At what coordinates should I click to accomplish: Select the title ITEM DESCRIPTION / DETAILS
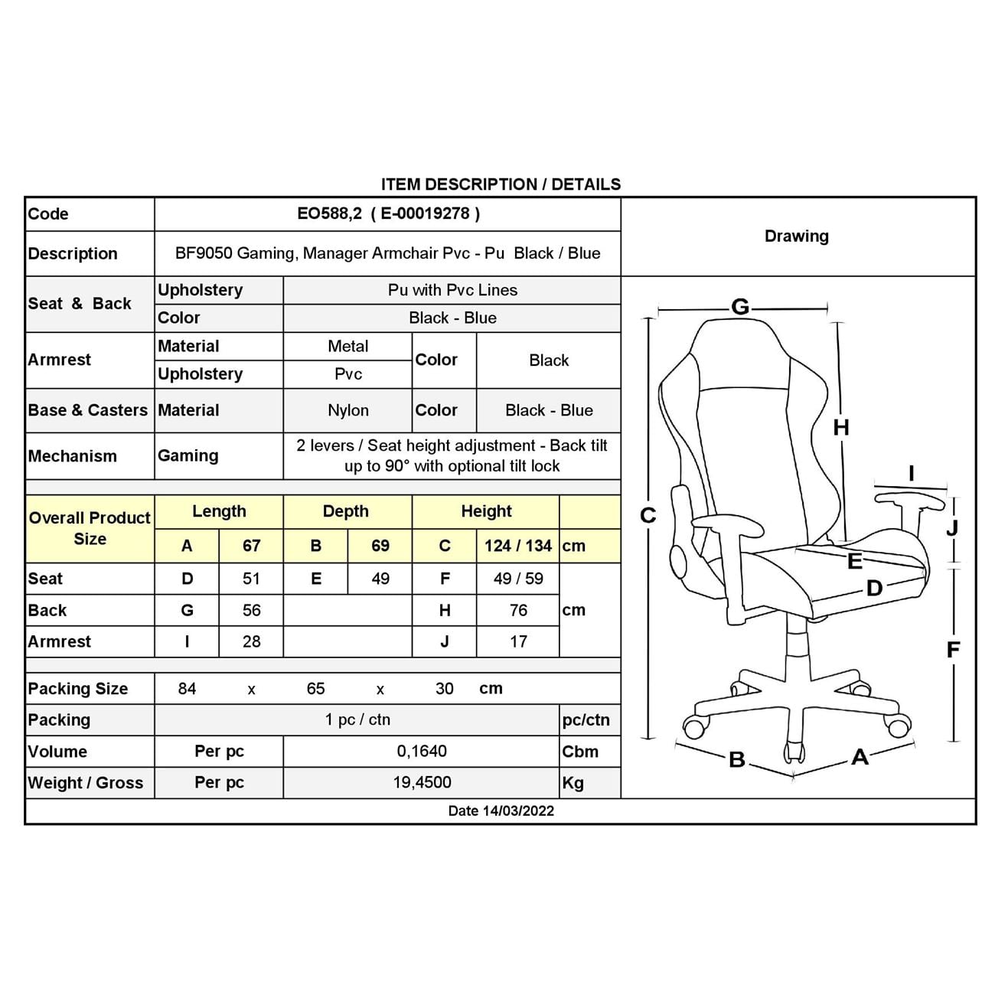pos(501,184)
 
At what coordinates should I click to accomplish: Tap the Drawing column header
pos(796,236)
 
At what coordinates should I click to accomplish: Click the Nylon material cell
pos(347,410)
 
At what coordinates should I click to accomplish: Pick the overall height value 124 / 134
pos(517,546)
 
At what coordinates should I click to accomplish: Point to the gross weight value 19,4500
pos(422,782)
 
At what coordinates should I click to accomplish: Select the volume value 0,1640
pos(422,751)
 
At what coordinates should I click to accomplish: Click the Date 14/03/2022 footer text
pos(501,811)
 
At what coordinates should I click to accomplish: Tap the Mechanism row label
pos(73,456)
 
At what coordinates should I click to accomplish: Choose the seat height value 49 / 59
pos(518,579)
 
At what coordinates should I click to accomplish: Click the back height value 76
pos(518,610)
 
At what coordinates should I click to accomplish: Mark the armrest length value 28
pos(251,641)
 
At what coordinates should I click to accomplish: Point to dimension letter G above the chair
pos(739,307)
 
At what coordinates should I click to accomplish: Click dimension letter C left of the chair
pos(648,516)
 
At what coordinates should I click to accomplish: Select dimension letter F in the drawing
pos(953,650)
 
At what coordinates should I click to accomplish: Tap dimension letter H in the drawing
pos(841,428)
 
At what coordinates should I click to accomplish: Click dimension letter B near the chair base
pos(737,759)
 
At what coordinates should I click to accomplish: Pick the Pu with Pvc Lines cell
pos(452,290)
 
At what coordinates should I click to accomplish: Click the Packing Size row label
pos(78,689)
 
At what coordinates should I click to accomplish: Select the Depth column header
pos(346,511)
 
